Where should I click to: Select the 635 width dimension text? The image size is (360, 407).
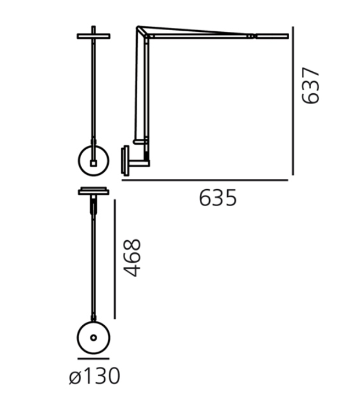218,198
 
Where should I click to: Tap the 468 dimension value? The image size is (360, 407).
132,258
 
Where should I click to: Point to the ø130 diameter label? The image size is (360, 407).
94,377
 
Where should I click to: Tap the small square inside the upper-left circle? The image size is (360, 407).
93,163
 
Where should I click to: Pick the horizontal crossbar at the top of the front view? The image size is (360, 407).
93,36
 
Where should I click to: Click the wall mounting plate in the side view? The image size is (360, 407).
126,160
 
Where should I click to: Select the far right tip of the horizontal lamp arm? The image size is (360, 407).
286,37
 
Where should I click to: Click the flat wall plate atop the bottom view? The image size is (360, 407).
93,191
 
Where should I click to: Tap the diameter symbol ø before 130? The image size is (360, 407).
75,377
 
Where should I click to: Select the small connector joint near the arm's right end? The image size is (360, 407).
251,36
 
